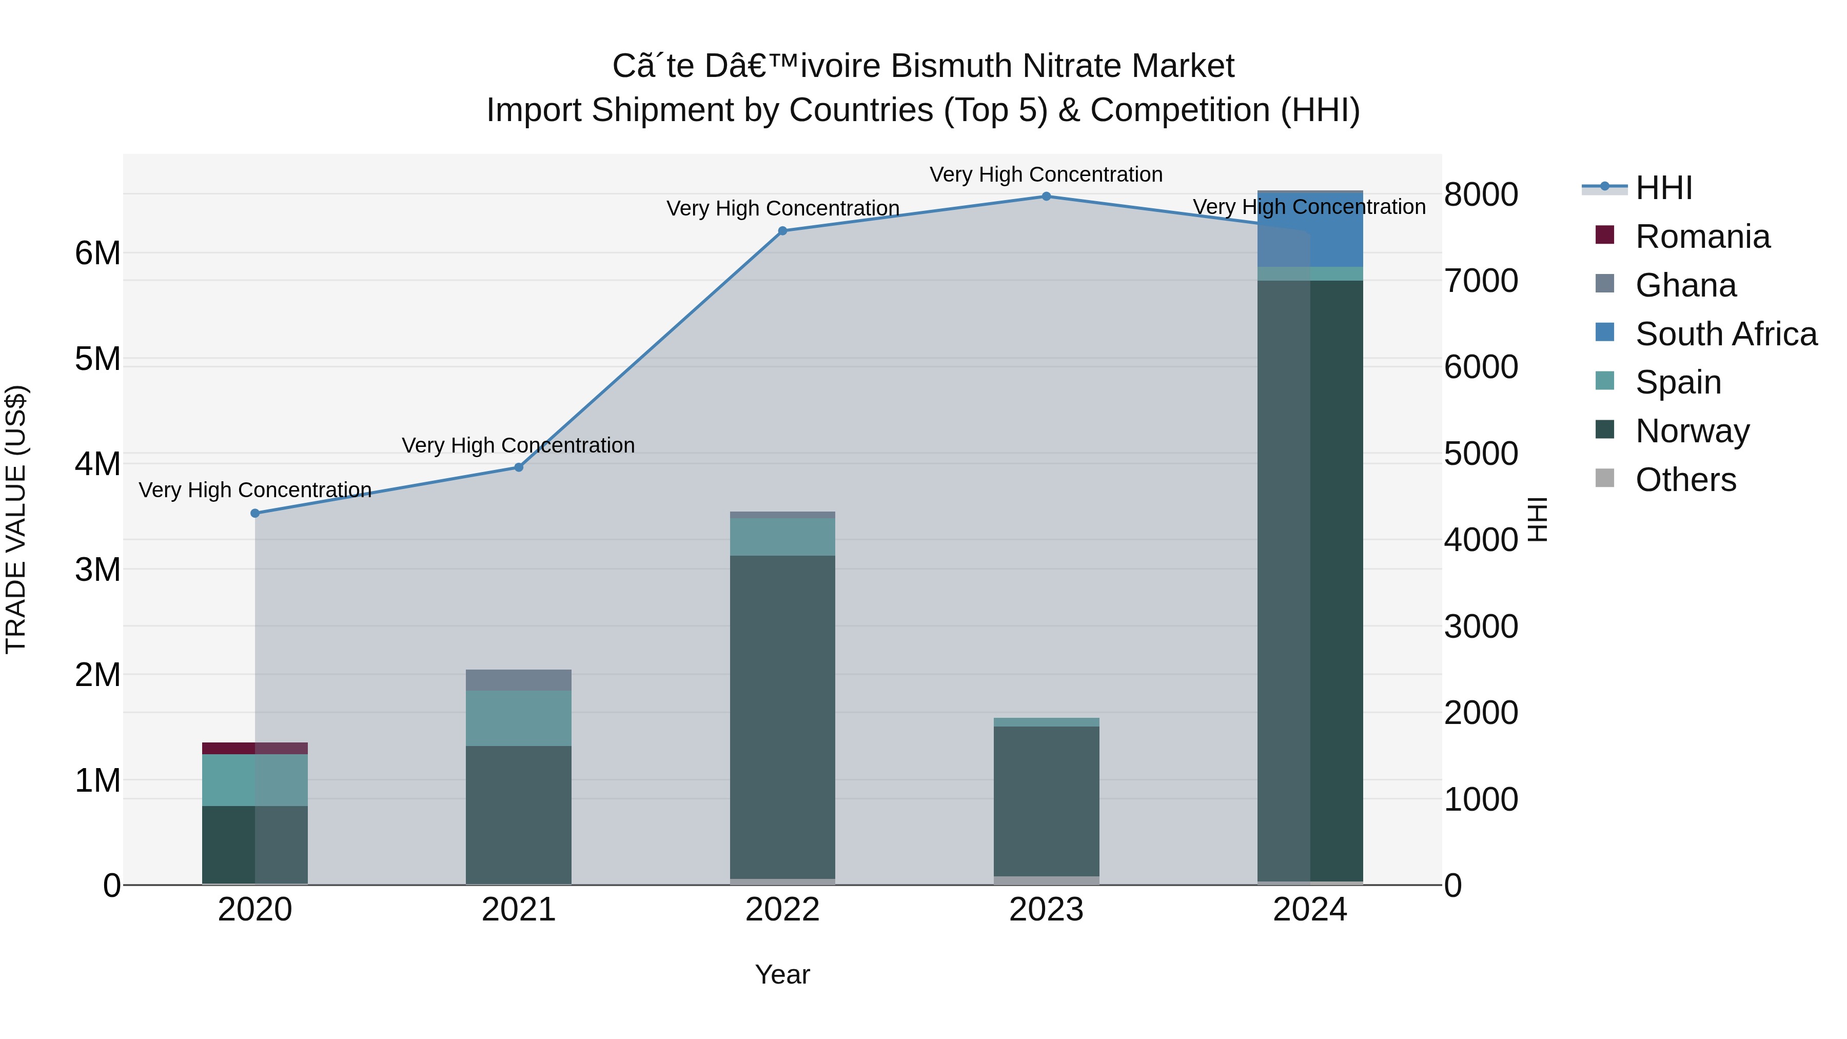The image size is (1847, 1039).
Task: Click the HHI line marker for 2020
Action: pos(256,514)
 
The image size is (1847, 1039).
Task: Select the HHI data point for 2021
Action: pos(519,467)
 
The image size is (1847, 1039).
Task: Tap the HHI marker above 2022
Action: pos(782,231)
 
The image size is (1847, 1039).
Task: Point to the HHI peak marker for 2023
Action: pos(1046,197)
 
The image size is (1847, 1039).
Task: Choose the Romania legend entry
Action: pos(1702,237)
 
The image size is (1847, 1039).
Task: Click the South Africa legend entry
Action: pos(1725,334)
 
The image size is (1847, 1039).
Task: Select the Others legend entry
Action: pos(1685,480)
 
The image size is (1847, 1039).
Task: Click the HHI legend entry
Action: pos(1663,188)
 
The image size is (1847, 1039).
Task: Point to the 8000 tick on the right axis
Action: pos(1481,195)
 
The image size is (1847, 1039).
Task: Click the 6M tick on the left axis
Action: pos(98,253)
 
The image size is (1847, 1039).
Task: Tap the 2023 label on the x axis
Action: pos(1046,910)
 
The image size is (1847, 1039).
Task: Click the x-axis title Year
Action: pos(782,974)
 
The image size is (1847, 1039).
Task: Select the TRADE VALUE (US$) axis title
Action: pos(16,519)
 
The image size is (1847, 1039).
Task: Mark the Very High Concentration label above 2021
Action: pos(518,445)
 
